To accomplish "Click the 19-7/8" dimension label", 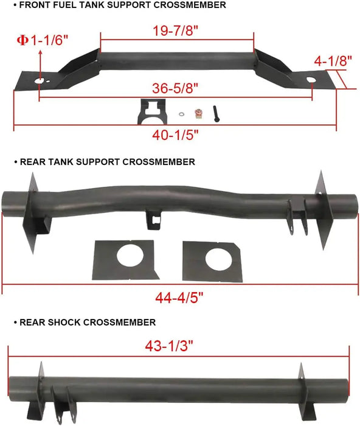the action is (176, 30).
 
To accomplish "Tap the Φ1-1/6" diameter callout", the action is (42, 40).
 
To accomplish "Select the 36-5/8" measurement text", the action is (175, 88).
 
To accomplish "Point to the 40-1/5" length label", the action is (175, 134).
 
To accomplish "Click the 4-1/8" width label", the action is (333, 61).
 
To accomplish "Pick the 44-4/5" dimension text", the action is (179, 298).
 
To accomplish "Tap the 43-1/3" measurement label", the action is (169, 346).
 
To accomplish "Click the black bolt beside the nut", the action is (216, 114).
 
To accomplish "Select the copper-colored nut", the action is (198, 114).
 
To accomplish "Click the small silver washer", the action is (182, 114).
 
